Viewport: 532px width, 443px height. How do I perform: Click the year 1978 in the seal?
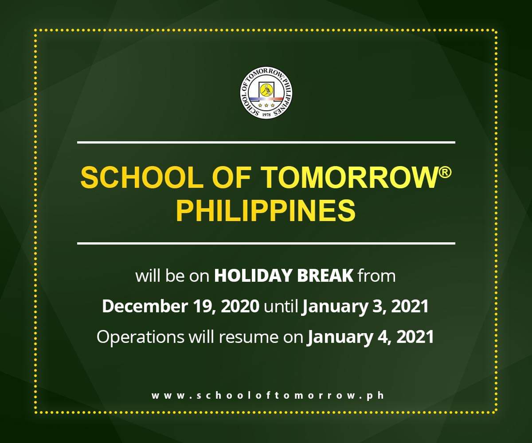[x=266, y=114]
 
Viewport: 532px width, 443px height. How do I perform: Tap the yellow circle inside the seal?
[x=266, y=91]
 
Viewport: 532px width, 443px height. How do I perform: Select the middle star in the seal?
[x=266, y=105]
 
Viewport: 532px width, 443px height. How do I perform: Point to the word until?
[x=281, y=307]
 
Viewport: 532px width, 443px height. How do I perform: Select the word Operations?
[x=140, y=337]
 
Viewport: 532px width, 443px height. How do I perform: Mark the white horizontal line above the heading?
[x=266, y=142]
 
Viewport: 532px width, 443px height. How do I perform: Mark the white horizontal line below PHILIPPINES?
[x=266, y=243]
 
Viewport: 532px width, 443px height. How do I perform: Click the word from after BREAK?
[x=376, y=276]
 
